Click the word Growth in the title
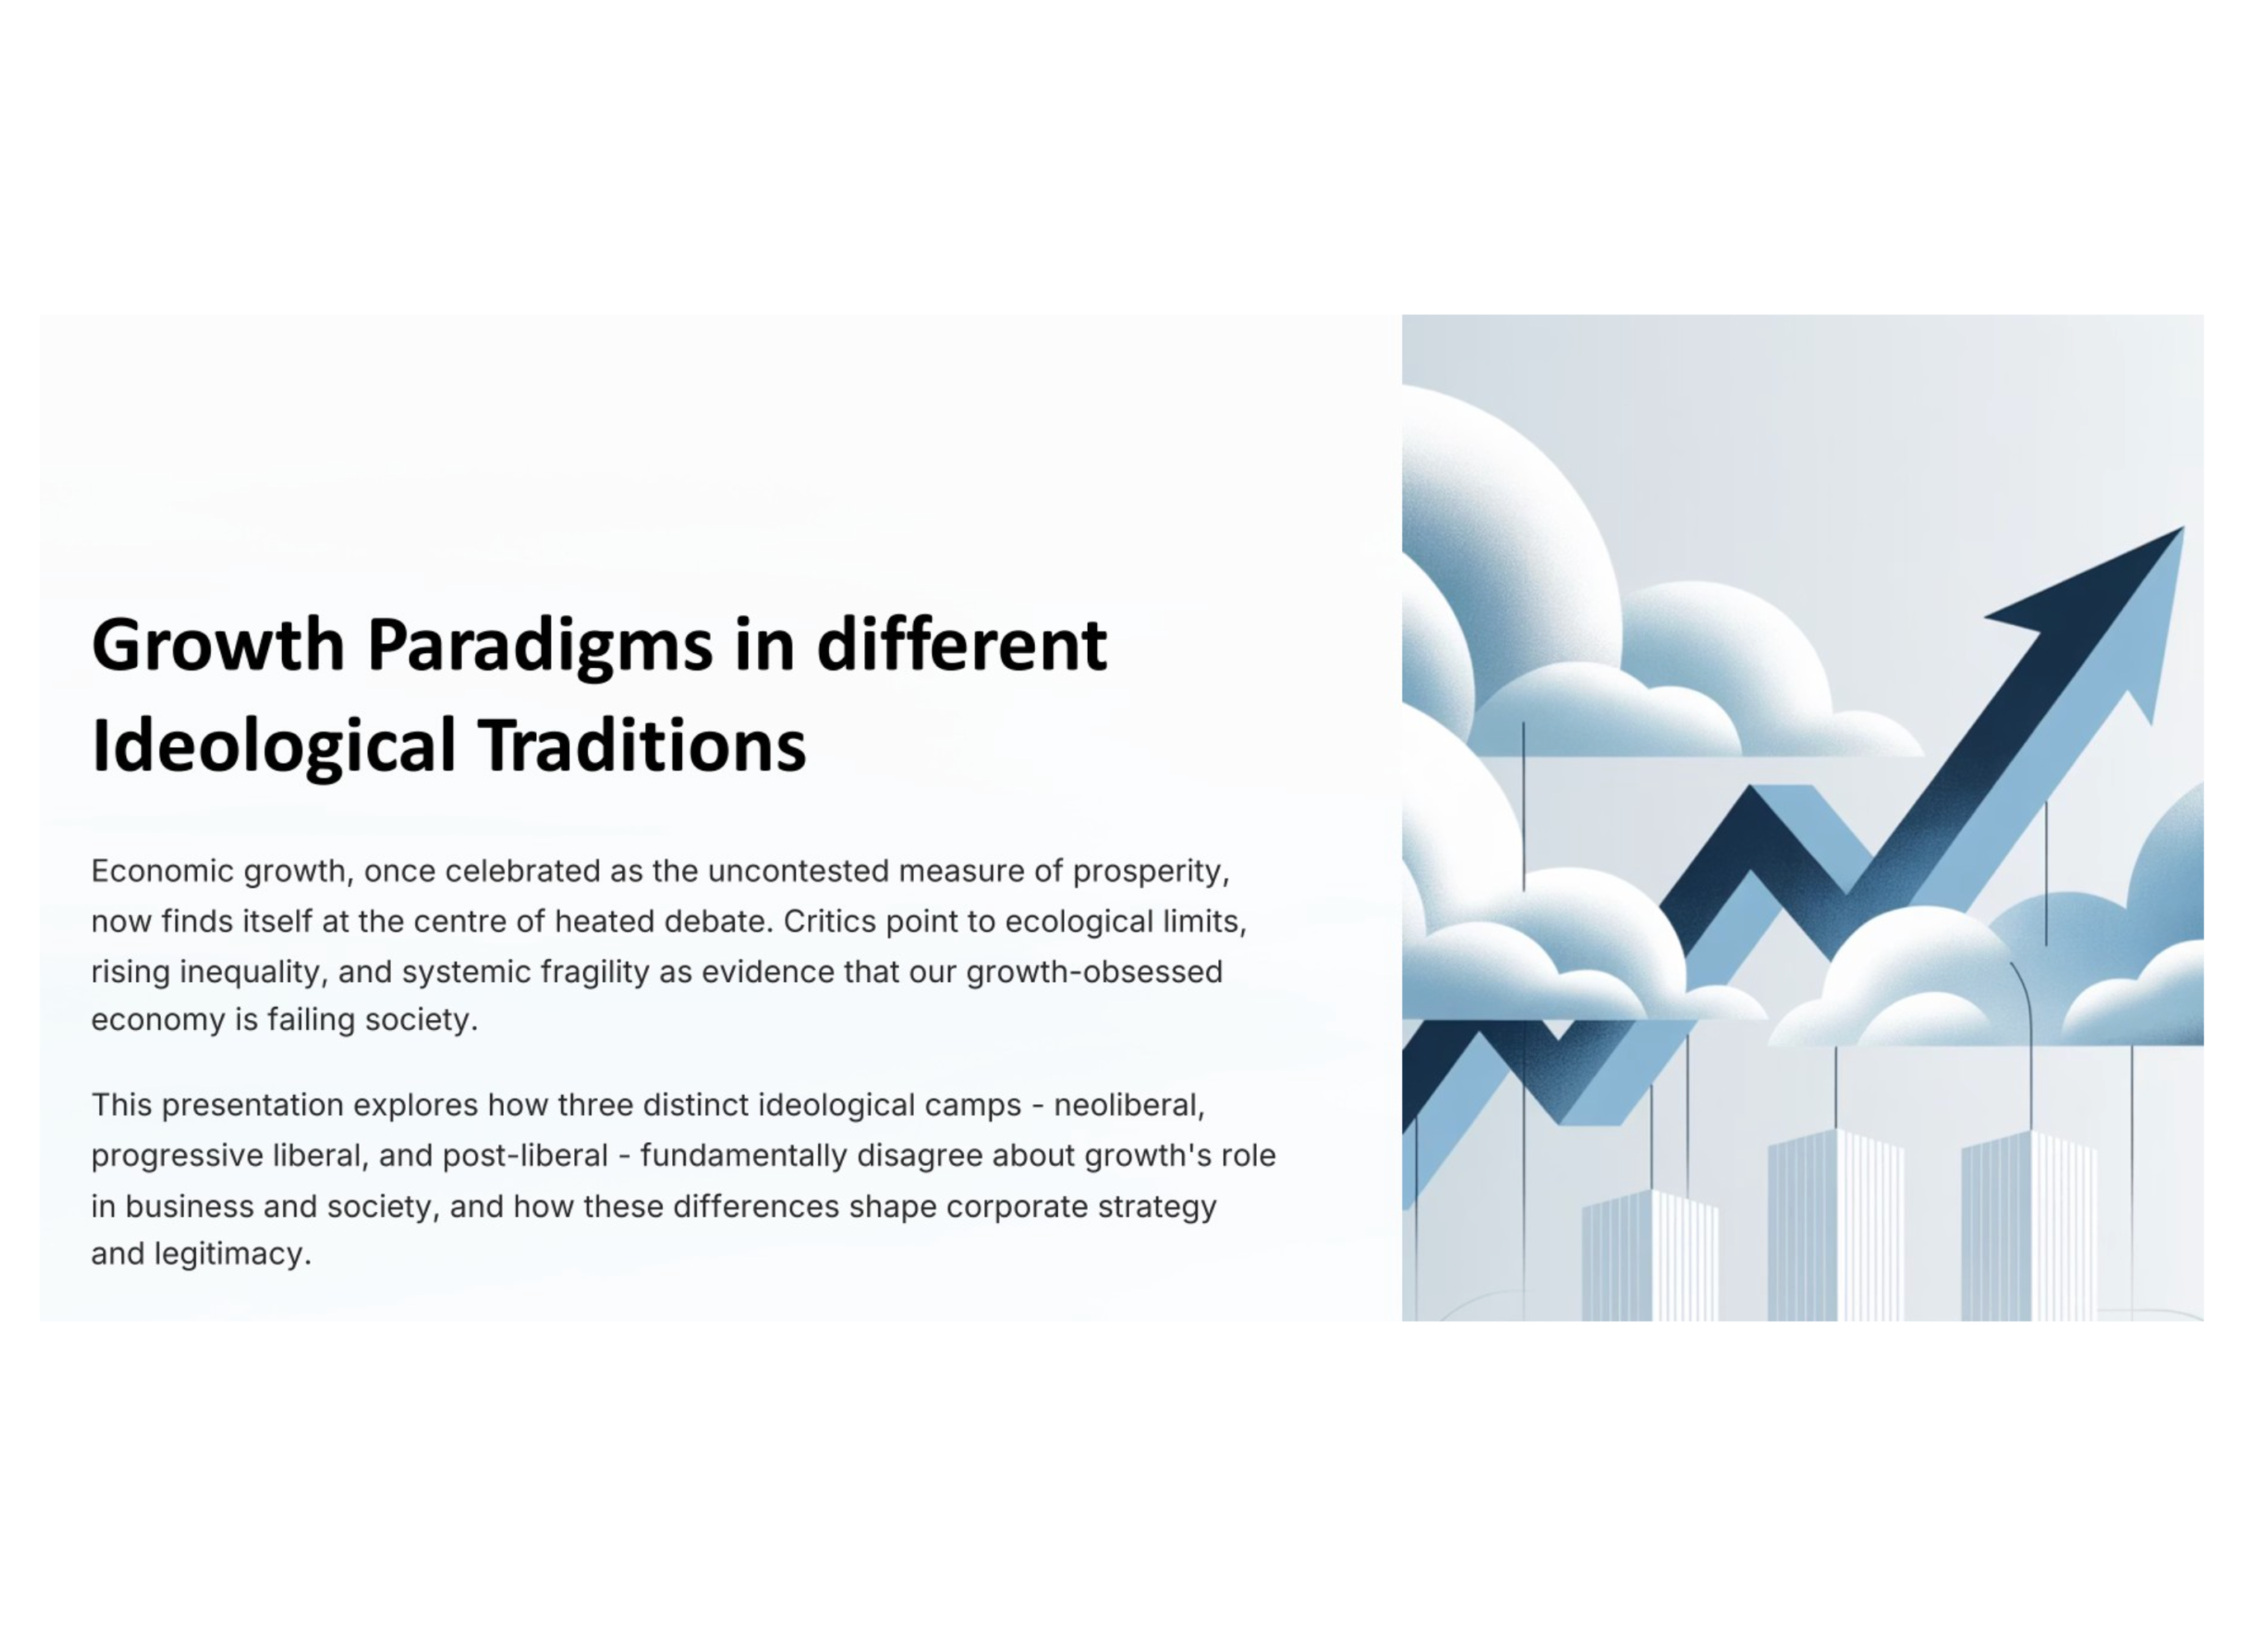coord(218,645)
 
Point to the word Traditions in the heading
coord(642,745)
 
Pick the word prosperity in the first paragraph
coord(1151,872)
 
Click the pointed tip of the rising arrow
coord(2184,528)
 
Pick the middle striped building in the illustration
coord(1835,1225)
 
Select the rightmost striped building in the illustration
coord(2029,1226)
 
